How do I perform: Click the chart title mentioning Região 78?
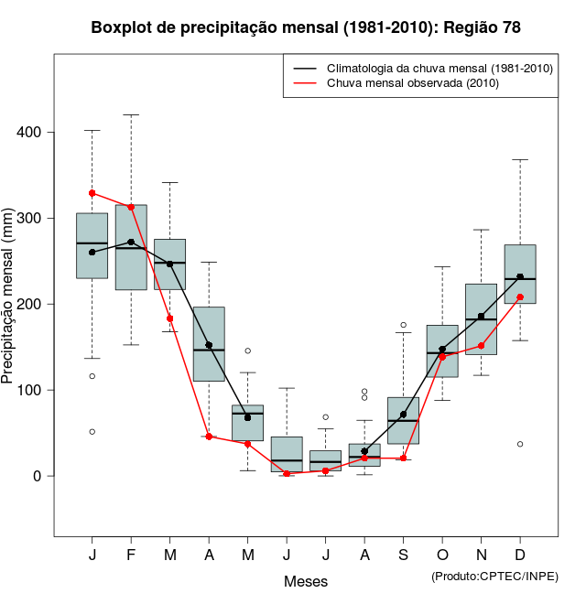(x=306, y=27)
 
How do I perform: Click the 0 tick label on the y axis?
(x=38, y=476)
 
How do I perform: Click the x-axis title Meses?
(x=306, y=581)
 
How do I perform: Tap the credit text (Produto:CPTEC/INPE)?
(x=494, y=576)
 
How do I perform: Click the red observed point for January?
(x=92, y=193)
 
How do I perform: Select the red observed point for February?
(x=131, y=207)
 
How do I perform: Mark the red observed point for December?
(x=520, y=297)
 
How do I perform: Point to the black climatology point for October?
(x=442, y=349)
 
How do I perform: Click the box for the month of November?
(x=481, y=319)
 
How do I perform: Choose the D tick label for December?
(x=520, y=555)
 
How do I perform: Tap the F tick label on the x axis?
(x=131, y=555)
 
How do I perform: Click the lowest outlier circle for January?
(x=92, y=431)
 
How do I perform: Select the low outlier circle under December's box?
(x=520, y=444)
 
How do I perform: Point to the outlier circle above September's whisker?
(x=403, y=325)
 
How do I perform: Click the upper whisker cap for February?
(x=131, y=115)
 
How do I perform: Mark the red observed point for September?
(x=403, y=458)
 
